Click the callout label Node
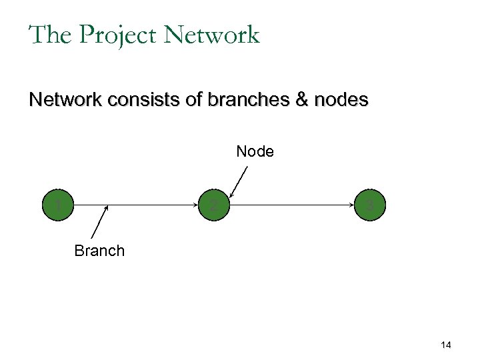coord(255,152)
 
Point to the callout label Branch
coord(99,251)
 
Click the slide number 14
coord(446,345)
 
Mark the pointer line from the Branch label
coord(99,223)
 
